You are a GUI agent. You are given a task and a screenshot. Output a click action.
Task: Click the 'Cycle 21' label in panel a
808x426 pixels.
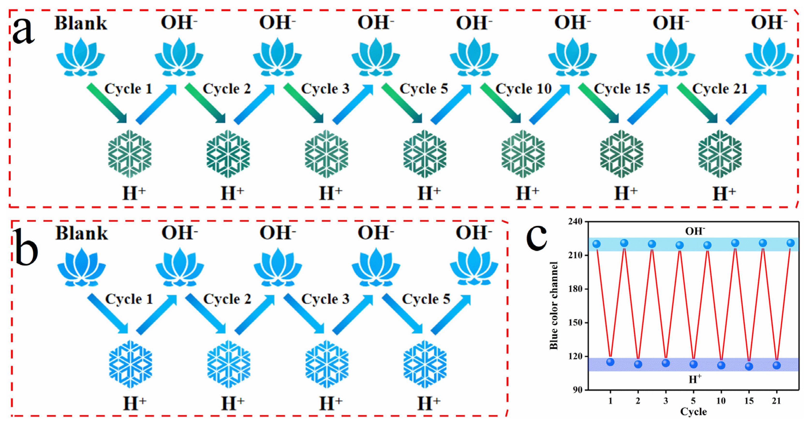point(720,89)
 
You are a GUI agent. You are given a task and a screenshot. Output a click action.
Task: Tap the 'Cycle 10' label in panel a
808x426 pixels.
point(524,89)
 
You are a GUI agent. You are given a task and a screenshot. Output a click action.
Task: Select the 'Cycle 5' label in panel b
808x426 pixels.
point(426,299)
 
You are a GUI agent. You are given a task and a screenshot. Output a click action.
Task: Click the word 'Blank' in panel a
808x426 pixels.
point(81,23)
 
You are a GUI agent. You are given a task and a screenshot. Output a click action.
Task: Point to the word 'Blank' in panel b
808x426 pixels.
point(82,233)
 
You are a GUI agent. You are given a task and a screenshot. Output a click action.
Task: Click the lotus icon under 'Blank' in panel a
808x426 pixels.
point(81,57)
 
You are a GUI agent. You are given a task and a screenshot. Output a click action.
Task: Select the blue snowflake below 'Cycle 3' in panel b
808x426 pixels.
point(327,364)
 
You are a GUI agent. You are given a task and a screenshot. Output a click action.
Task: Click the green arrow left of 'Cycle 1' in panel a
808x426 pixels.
point(107,104)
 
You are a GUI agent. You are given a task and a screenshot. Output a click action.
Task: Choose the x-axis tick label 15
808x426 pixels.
point(749,401)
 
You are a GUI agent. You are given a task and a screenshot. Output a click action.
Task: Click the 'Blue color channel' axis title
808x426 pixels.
point(554,306)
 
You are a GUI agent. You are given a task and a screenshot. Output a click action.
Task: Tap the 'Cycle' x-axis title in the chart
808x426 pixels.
point(693,411)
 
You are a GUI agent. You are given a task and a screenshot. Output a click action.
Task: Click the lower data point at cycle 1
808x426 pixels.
point(610,362)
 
